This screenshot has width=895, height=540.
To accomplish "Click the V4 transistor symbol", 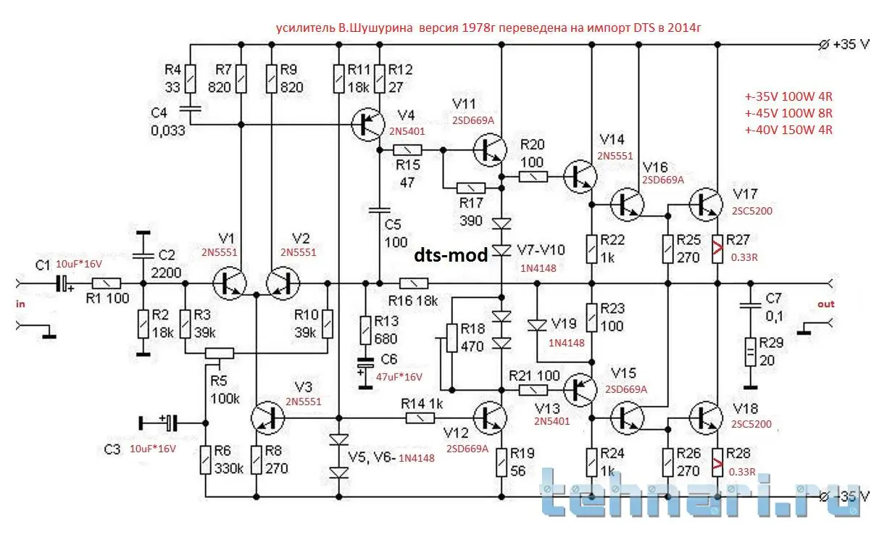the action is click(367, 124).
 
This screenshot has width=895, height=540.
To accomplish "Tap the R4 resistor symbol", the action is click(191, 79).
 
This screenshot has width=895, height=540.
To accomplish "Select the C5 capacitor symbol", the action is click(379, 210).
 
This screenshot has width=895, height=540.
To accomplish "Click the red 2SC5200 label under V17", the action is click(752, 211).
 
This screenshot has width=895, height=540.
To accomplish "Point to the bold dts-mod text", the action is click(451, 255).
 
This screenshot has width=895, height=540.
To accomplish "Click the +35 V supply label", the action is click(851, 44).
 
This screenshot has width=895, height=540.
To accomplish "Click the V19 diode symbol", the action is click(537, 325).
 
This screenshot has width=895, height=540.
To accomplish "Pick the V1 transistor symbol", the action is click(230, 283).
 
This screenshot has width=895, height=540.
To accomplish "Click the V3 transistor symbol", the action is click(267, 418).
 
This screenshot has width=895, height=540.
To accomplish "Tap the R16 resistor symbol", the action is click(414, 283).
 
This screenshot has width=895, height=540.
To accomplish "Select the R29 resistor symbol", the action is click(750, 352).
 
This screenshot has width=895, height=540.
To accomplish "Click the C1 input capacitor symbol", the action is click(63, 283).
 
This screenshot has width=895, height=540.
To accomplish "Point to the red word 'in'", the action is click(20, 304).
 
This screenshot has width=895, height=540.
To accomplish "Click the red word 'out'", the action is click(826, 304).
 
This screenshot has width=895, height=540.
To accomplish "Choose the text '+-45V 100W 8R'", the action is click(788, 114).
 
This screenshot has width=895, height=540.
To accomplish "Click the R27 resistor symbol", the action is click(717, 249).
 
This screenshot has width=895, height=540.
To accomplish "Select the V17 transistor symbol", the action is click(706, 204).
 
